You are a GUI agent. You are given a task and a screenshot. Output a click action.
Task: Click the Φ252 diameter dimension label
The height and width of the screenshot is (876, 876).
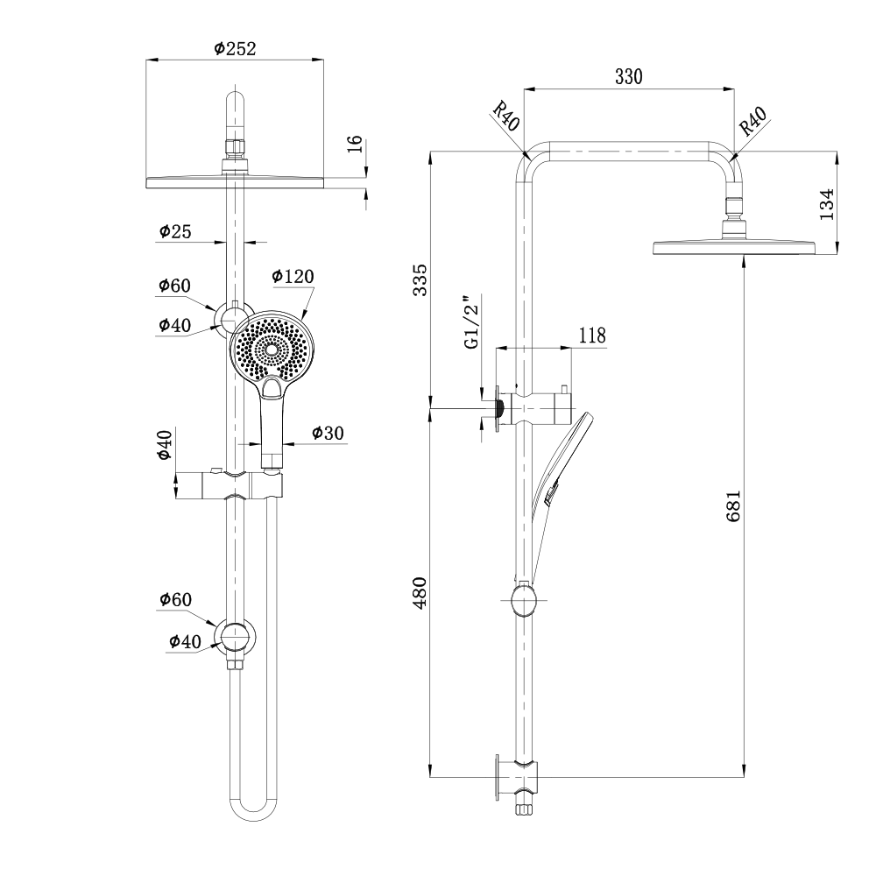235,49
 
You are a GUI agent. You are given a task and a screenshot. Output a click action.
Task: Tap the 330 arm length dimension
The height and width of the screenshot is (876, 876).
628,76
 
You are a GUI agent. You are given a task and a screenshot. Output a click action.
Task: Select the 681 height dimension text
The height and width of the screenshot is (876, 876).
734,505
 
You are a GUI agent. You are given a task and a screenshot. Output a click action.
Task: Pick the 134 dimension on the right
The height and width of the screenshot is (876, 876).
825,204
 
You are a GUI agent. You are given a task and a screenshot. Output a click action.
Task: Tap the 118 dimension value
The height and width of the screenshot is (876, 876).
592,336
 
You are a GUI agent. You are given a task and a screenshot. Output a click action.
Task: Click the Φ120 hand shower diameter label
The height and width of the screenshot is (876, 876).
293,277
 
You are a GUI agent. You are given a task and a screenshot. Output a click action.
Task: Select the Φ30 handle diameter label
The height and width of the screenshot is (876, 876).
328,433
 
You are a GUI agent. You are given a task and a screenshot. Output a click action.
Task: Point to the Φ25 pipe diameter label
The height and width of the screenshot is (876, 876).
174,231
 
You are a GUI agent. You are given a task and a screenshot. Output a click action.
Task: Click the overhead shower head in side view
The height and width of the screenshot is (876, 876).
734,248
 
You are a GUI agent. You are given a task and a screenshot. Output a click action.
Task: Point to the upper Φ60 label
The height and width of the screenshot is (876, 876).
174,286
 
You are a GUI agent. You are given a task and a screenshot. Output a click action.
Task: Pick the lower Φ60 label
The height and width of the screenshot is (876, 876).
174,600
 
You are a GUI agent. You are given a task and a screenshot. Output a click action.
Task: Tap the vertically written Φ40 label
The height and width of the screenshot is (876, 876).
165,445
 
